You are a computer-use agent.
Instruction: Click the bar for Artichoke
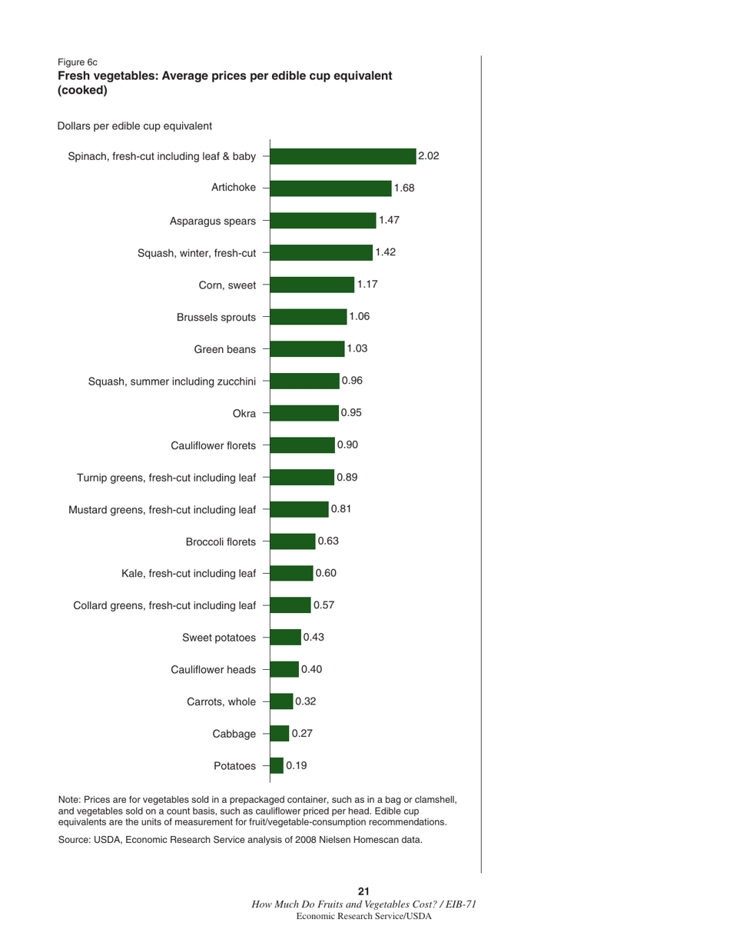pos(331,188)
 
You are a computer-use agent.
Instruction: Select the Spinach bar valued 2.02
pos(343,156)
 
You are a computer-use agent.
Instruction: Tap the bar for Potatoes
pos(277,766)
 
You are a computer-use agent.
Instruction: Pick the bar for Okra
pos(304,413)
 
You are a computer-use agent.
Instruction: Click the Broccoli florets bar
pos(293,541)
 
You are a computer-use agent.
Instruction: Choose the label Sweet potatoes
pos(219,638)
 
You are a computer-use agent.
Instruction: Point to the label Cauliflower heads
pos(213,670)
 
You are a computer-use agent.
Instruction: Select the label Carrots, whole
pos(221,701)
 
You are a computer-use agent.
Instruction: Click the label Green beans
pos(224,349)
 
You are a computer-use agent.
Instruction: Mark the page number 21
pos(364,891)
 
